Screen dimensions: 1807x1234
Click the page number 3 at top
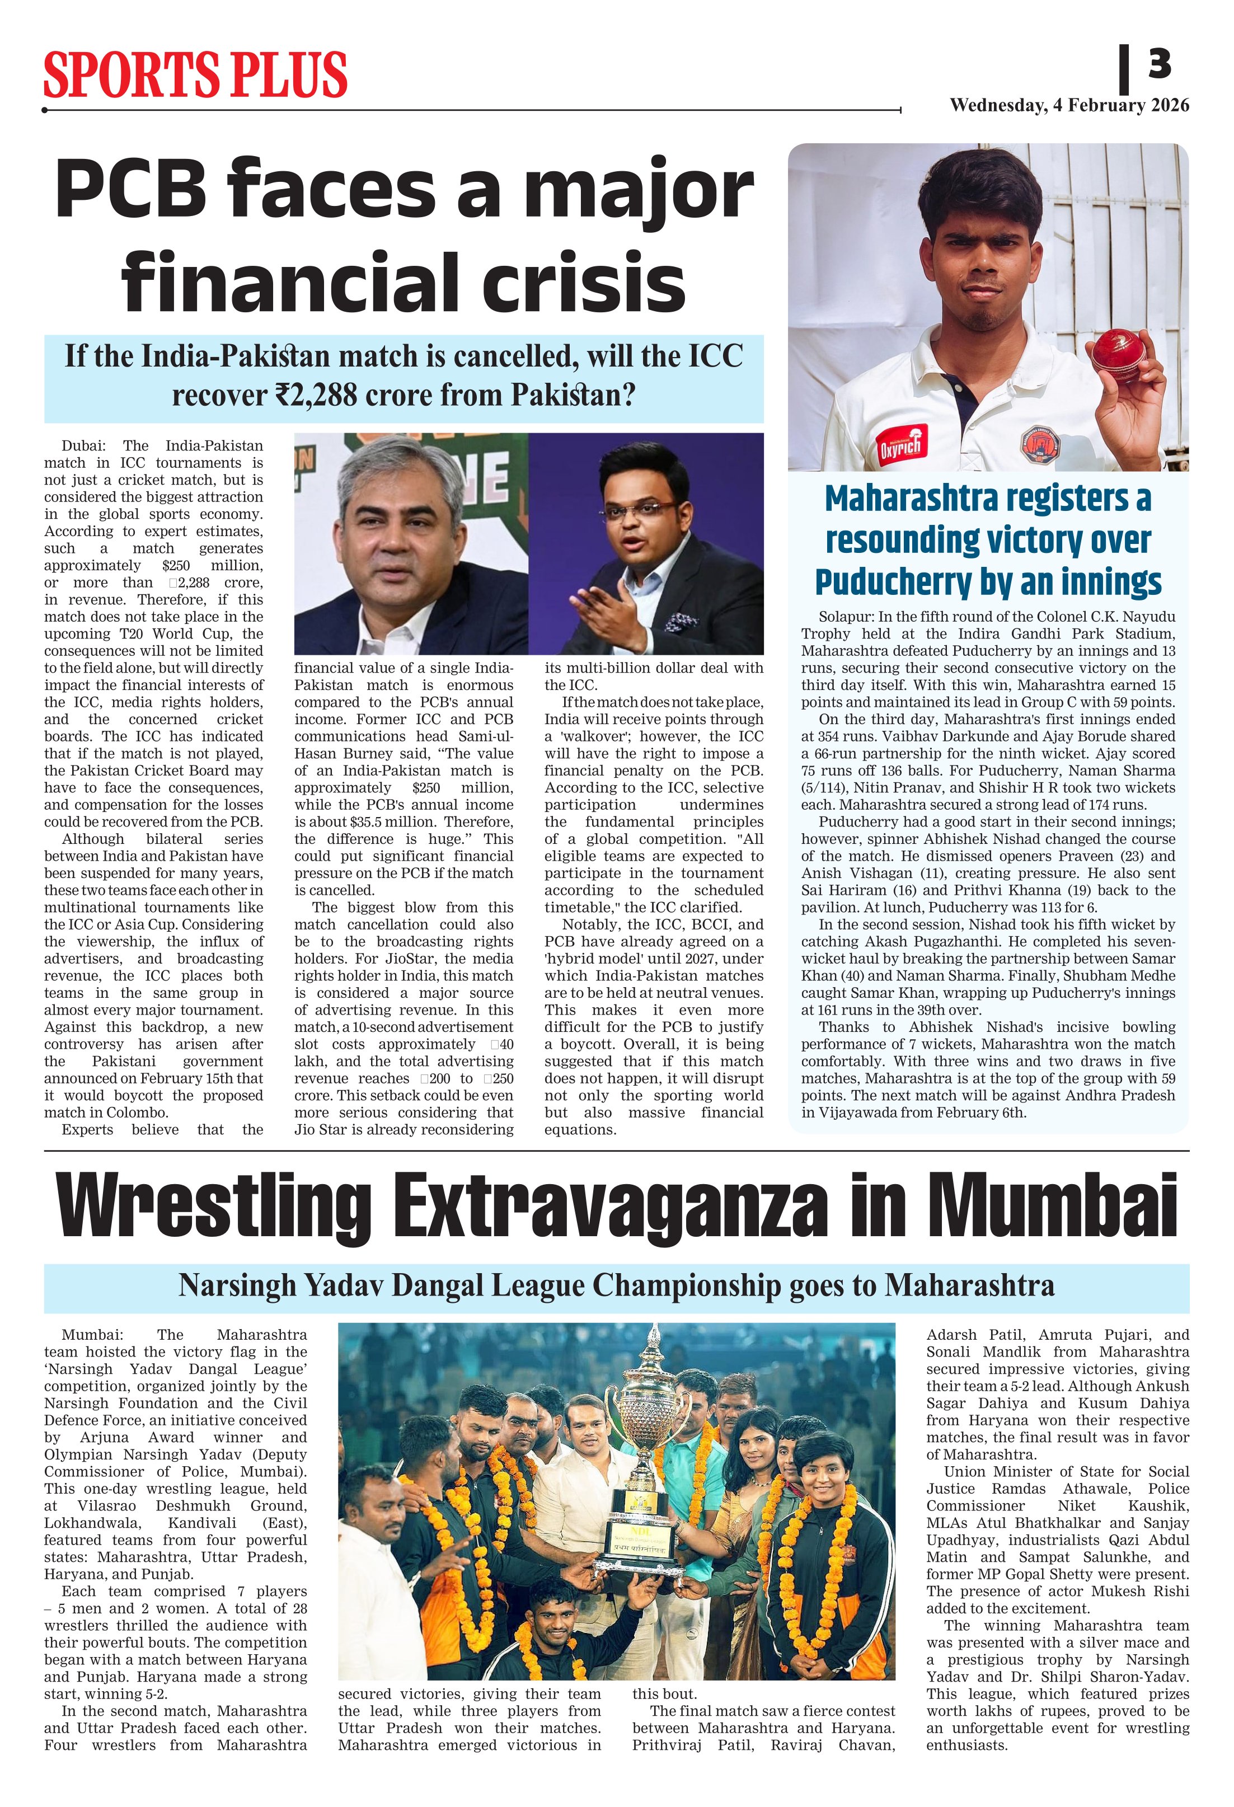point(1160,64)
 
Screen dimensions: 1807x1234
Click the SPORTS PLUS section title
point(195,76)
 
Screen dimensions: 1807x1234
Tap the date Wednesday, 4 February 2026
point(1069,105)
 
